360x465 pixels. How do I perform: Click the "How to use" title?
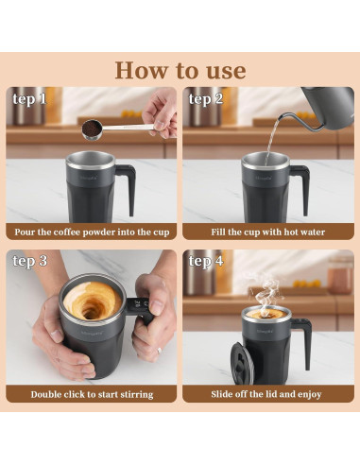click(x=180, y=70)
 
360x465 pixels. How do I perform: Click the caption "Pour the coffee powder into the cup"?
click(x=92, y=232)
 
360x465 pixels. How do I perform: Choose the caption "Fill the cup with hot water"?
click(x=267, y=232)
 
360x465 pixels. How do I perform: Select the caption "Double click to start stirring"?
click(x=92, y=394)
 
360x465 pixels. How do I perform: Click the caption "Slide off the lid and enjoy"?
click(x=267, y=394)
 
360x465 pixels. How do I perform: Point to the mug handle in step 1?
click(x=126, y=184)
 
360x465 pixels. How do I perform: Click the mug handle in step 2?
click(x=300, y=184)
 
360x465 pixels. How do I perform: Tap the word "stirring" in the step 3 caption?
click(x=132, y=394)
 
